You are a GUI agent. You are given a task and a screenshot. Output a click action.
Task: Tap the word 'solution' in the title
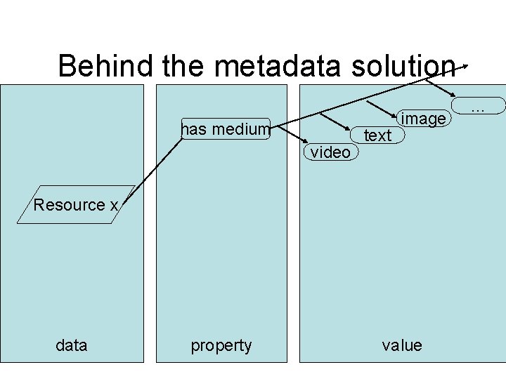405,66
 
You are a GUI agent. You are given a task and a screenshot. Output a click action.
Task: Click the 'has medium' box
225,129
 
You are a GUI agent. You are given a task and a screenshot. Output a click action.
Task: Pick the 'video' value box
330,152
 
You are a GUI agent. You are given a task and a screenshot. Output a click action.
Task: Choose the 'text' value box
378,135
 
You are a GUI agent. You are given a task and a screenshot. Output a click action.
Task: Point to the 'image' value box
422,119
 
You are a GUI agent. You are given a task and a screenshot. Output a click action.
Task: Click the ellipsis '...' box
479,107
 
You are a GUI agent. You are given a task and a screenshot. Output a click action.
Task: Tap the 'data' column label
72,345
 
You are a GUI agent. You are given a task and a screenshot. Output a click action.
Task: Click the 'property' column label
221,345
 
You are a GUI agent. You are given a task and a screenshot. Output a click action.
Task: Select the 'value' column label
402,345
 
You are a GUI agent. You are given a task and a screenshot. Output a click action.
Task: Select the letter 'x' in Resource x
113,205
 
